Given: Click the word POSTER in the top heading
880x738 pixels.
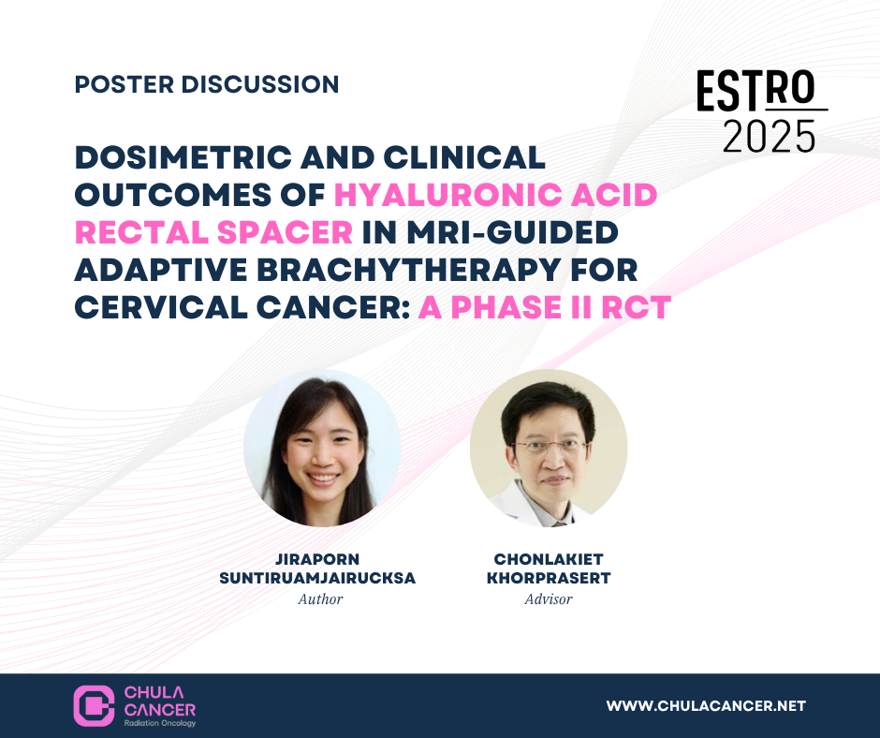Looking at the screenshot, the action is click(x=124, y=85).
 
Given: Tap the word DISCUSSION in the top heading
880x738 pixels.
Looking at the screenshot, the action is click(x=260, y=85).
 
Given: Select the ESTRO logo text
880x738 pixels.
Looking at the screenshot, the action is click(x=756, y=89).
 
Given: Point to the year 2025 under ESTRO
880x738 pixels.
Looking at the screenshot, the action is click(x=769, y=137).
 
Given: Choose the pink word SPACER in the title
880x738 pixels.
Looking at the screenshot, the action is click(x=286, y=232).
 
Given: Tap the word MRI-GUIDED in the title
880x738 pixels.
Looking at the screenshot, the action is click(x=512, y=232).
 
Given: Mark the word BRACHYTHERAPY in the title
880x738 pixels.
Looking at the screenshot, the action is click(x=408, y=270).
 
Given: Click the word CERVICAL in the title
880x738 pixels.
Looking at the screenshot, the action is click(x=161, y=308).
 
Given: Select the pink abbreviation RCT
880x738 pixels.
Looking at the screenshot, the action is click(x=636, y=308).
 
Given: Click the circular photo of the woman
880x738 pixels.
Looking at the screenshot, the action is click(x=322, y=449).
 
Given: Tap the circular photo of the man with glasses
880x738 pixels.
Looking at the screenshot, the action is click(x=549, y=449).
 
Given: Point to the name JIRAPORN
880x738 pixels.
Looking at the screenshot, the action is click(x=317, y=559).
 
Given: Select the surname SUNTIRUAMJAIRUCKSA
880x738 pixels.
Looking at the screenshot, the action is click(x=317, y=578).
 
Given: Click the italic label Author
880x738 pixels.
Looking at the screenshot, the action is click(x=320, y=599).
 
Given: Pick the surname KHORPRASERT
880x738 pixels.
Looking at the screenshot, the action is click(x=549, y=578).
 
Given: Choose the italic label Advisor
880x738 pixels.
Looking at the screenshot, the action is click(x=549, y=599).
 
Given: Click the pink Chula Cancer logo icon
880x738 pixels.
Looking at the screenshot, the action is click(x=94, y=706).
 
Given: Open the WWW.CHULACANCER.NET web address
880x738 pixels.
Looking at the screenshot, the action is click(x=706, y=706).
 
